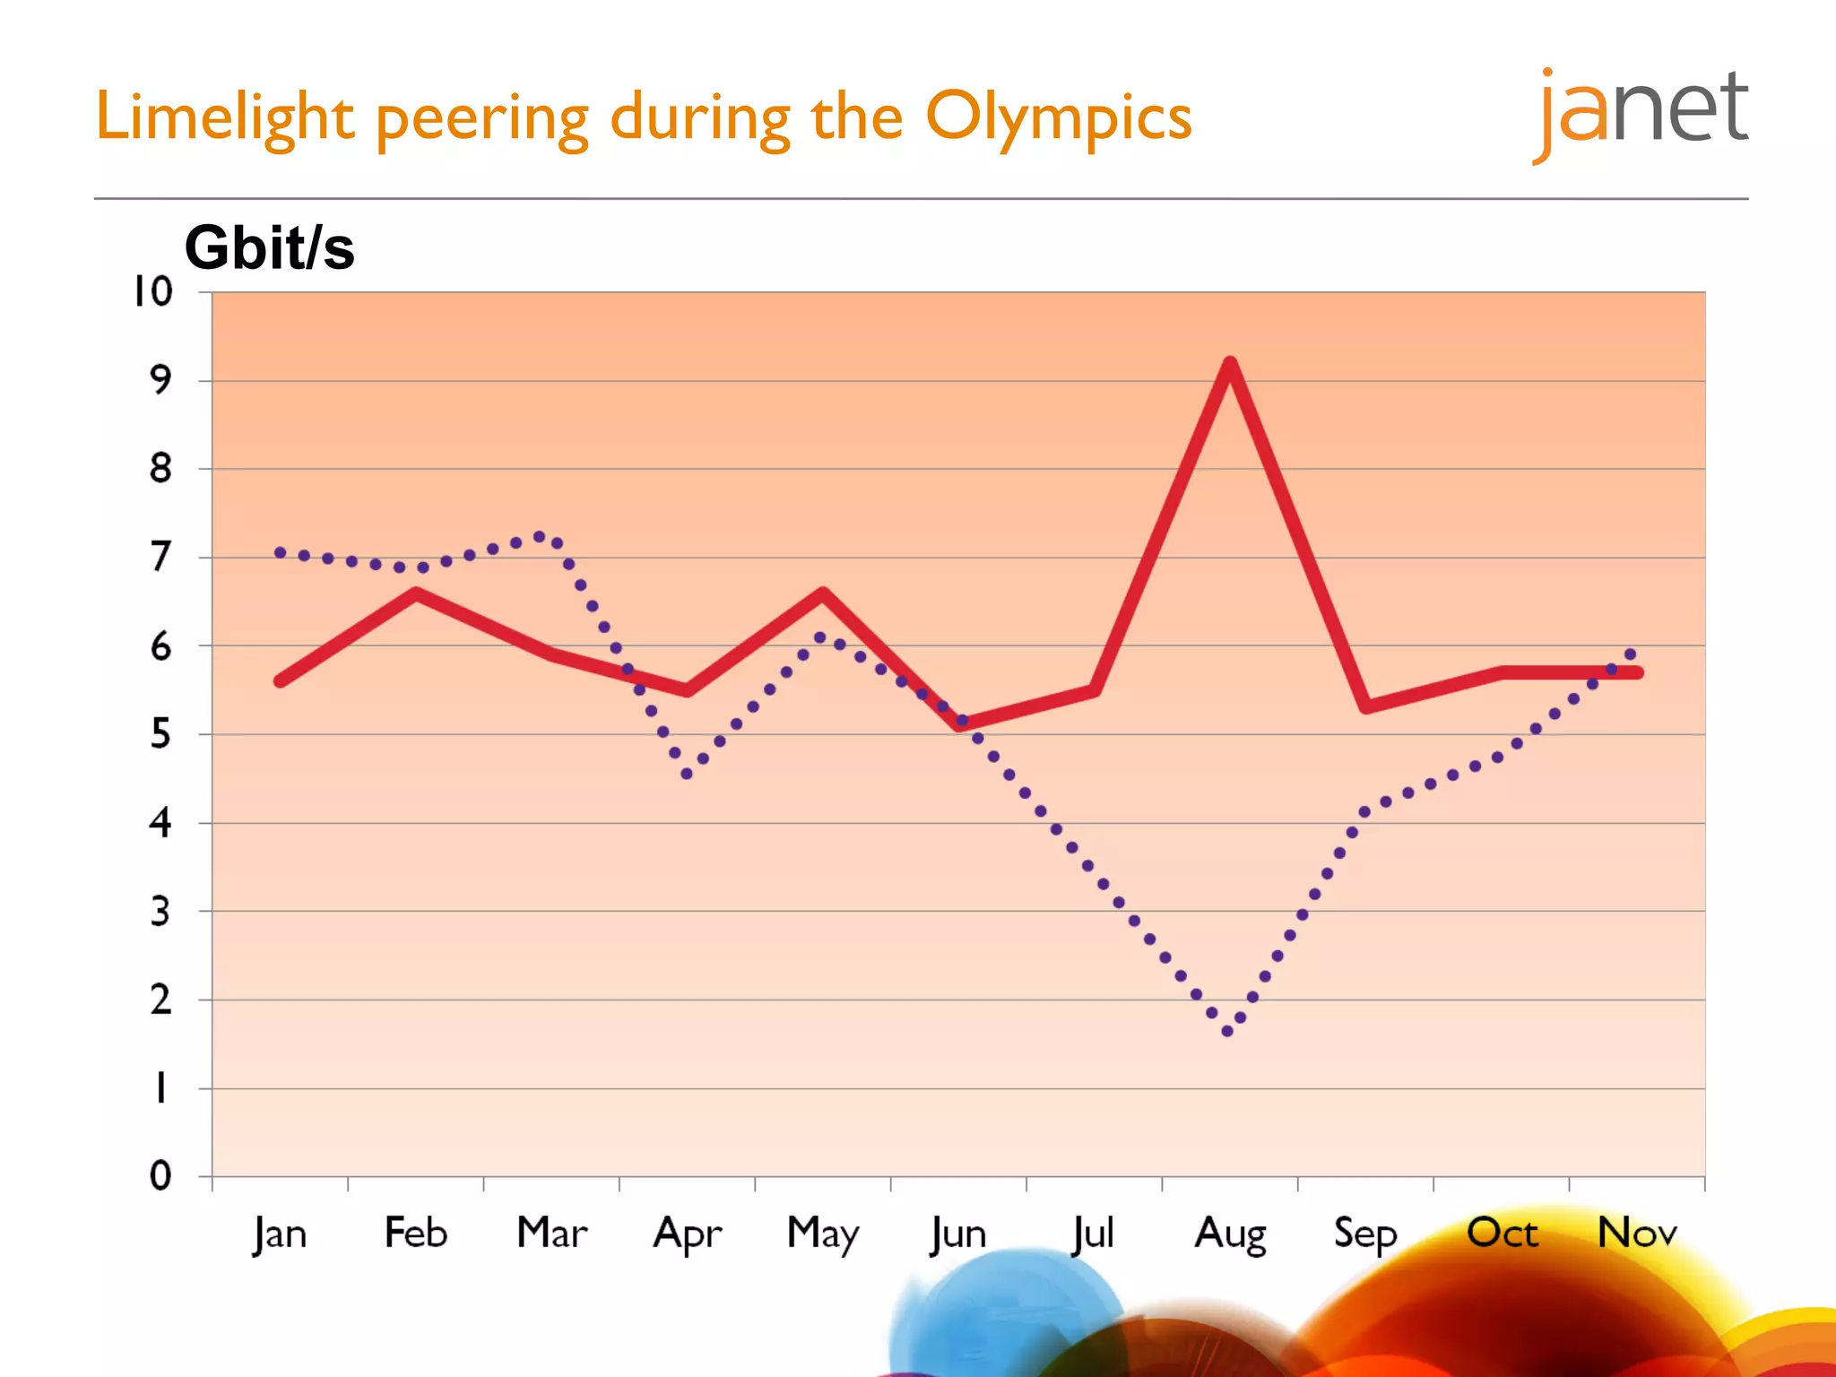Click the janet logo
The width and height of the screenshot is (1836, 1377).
pos(1641,112)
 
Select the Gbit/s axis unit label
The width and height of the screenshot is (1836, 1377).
pos(269,247)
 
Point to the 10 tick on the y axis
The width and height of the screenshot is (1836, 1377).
pos(152,291)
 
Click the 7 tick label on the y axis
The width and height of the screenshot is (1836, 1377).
pos(160,557)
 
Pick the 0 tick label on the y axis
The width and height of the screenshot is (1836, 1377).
pos(160,1175)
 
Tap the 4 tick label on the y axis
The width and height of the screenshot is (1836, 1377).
pos(160,822)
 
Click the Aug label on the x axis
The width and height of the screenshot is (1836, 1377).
pos(1230,1234)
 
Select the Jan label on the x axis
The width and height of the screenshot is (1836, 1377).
pos(280,1234)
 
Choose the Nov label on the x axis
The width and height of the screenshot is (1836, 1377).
pos(1636,1234)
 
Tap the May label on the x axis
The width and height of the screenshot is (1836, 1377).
pos(822,1234)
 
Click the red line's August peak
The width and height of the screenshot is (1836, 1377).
pos(1230,364)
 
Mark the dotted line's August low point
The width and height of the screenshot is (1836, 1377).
pos(1227,1031)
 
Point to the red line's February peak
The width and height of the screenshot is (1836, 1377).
pos(416,593)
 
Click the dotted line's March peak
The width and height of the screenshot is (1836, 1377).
pos(540,537)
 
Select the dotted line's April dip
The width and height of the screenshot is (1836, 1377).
pos(687,774)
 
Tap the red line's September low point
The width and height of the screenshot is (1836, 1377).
pos(1365,706)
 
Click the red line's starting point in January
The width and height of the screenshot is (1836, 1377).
pos(281,681)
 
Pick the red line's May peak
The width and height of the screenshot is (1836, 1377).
pos(822,593)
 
